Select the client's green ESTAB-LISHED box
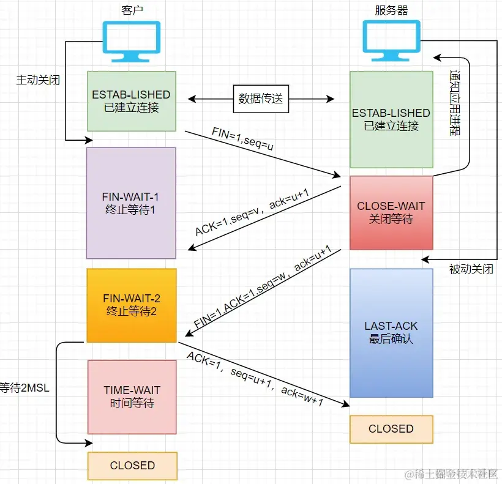[x=131, y=101]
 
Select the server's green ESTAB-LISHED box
[x=391, y=119]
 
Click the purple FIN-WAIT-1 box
[x=131, y=203]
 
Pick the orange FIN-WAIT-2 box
[x=131, y=305]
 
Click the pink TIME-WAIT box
[x=132, y=397]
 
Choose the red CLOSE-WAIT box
[x=391, y=212]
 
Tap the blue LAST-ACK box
[x=391, y=332]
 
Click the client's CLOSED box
[x=132, y=466]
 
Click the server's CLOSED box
[x=391, y=429]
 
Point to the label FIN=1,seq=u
[x=242, y=140]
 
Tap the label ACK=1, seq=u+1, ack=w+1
[x=255, y=379]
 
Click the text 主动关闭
[x=38, y=80]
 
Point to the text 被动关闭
[x=471, y=270]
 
